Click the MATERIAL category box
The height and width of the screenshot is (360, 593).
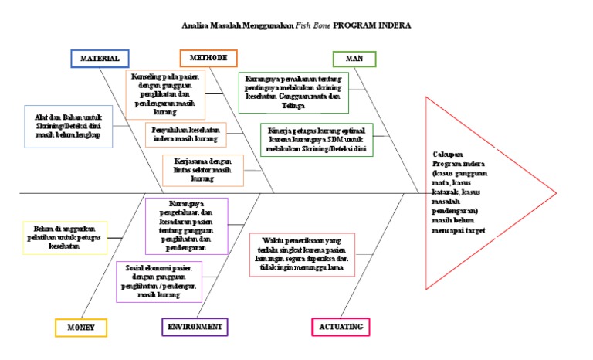click(x=100, y=59)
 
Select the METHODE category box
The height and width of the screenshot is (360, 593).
click(x=208, y=59)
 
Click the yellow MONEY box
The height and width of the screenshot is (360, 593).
click(x=80, y=328)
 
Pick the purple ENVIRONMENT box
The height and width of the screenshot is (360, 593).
click(x=196, y=327)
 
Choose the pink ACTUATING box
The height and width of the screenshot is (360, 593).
click(x=341, y=327)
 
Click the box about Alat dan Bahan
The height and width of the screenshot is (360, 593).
click(x=67, y=126)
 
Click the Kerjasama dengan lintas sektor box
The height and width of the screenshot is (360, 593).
click(x=203, y=170)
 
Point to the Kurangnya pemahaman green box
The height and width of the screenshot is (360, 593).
click(x=294, y=93)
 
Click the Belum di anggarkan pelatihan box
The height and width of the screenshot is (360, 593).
click(x=65, y=238)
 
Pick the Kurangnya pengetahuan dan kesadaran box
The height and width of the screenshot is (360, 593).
click(x=186, y=226)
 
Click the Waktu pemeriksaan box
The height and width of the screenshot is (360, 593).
click(x=302, y=254)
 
